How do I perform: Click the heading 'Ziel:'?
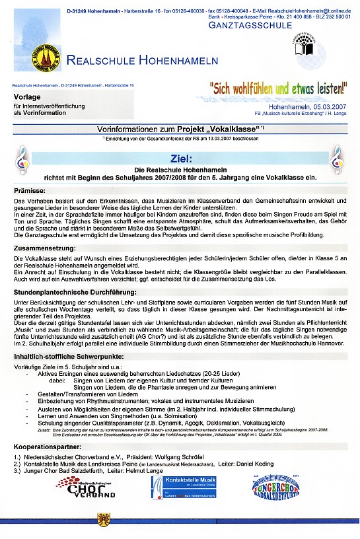click(180, 159)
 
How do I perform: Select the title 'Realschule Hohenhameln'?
click(142, 61)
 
